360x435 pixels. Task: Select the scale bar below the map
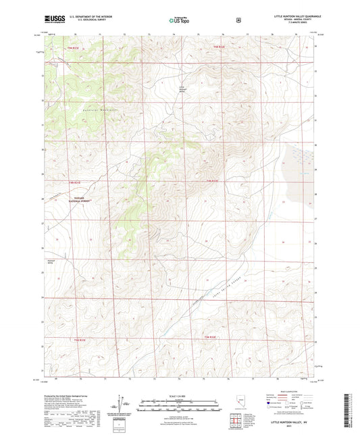(180, 403)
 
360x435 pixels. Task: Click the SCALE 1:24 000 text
(180, 396)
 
